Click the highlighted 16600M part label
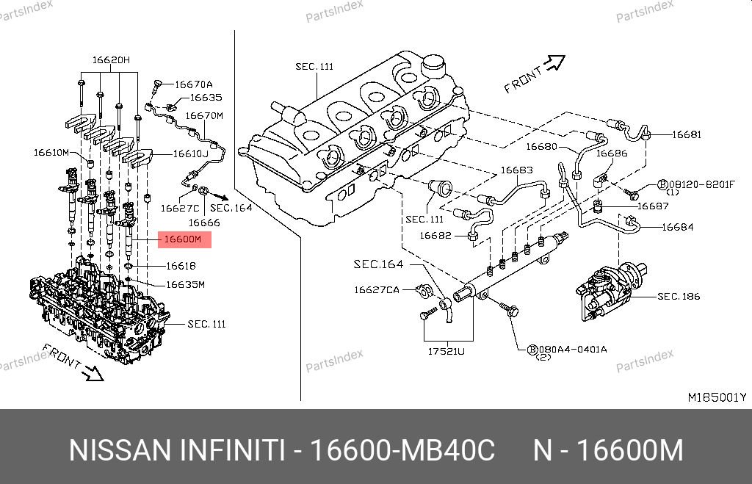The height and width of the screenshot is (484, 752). [x=183, y=239]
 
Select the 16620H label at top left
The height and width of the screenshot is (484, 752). [x=110, y=59]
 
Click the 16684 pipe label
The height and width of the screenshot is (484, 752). [x=677, y=227]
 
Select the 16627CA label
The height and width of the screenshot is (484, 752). [x=376, y=290]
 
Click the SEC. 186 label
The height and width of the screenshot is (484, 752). [x=679, y=297]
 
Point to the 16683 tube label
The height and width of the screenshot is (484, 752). [x=516, y=170]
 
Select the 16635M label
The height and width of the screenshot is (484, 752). [x=185, y=284]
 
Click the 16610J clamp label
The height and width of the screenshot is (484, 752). [x=191, y=154]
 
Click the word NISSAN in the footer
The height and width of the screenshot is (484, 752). [x=118, y=450]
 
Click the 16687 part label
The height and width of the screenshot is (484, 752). [x=653, y=206]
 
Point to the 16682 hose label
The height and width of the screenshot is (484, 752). [x=435, y=235]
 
